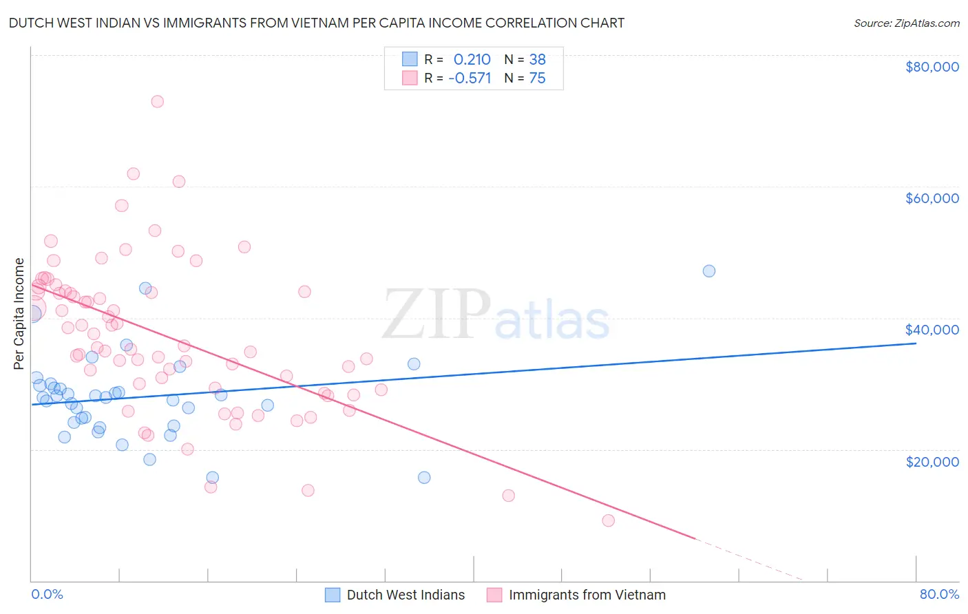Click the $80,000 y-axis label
tap(932, 67)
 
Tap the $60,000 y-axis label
tap(932, 198)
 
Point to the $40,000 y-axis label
tap(932, 330)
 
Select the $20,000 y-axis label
tap(932, 461)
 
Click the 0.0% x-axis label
tap(47, 595)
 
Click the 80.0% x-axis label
tap(939, 595)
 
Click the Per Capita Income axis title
tap(19, 314)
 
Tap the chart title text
tap(317, 23)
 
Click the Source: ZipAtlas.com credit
tap(906, 23)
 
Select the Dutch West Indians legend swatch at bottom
tap(333, 595)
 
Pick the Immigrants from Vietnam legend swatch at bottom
tap(494, 595)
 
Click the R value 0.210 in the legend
tap(472, 59)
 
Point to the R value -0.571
tap(470, 78)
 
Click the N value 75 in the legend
tap(537, 78)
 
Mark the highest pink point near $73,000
tap(157, 101)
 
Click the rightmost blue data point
tap(708, 271)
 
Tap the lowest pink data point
tap(608, 520)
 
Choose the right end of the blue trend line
tap(916, 342)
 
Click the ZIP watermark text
tap(436, 315)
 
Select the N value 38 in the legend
tap(537, 59)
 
